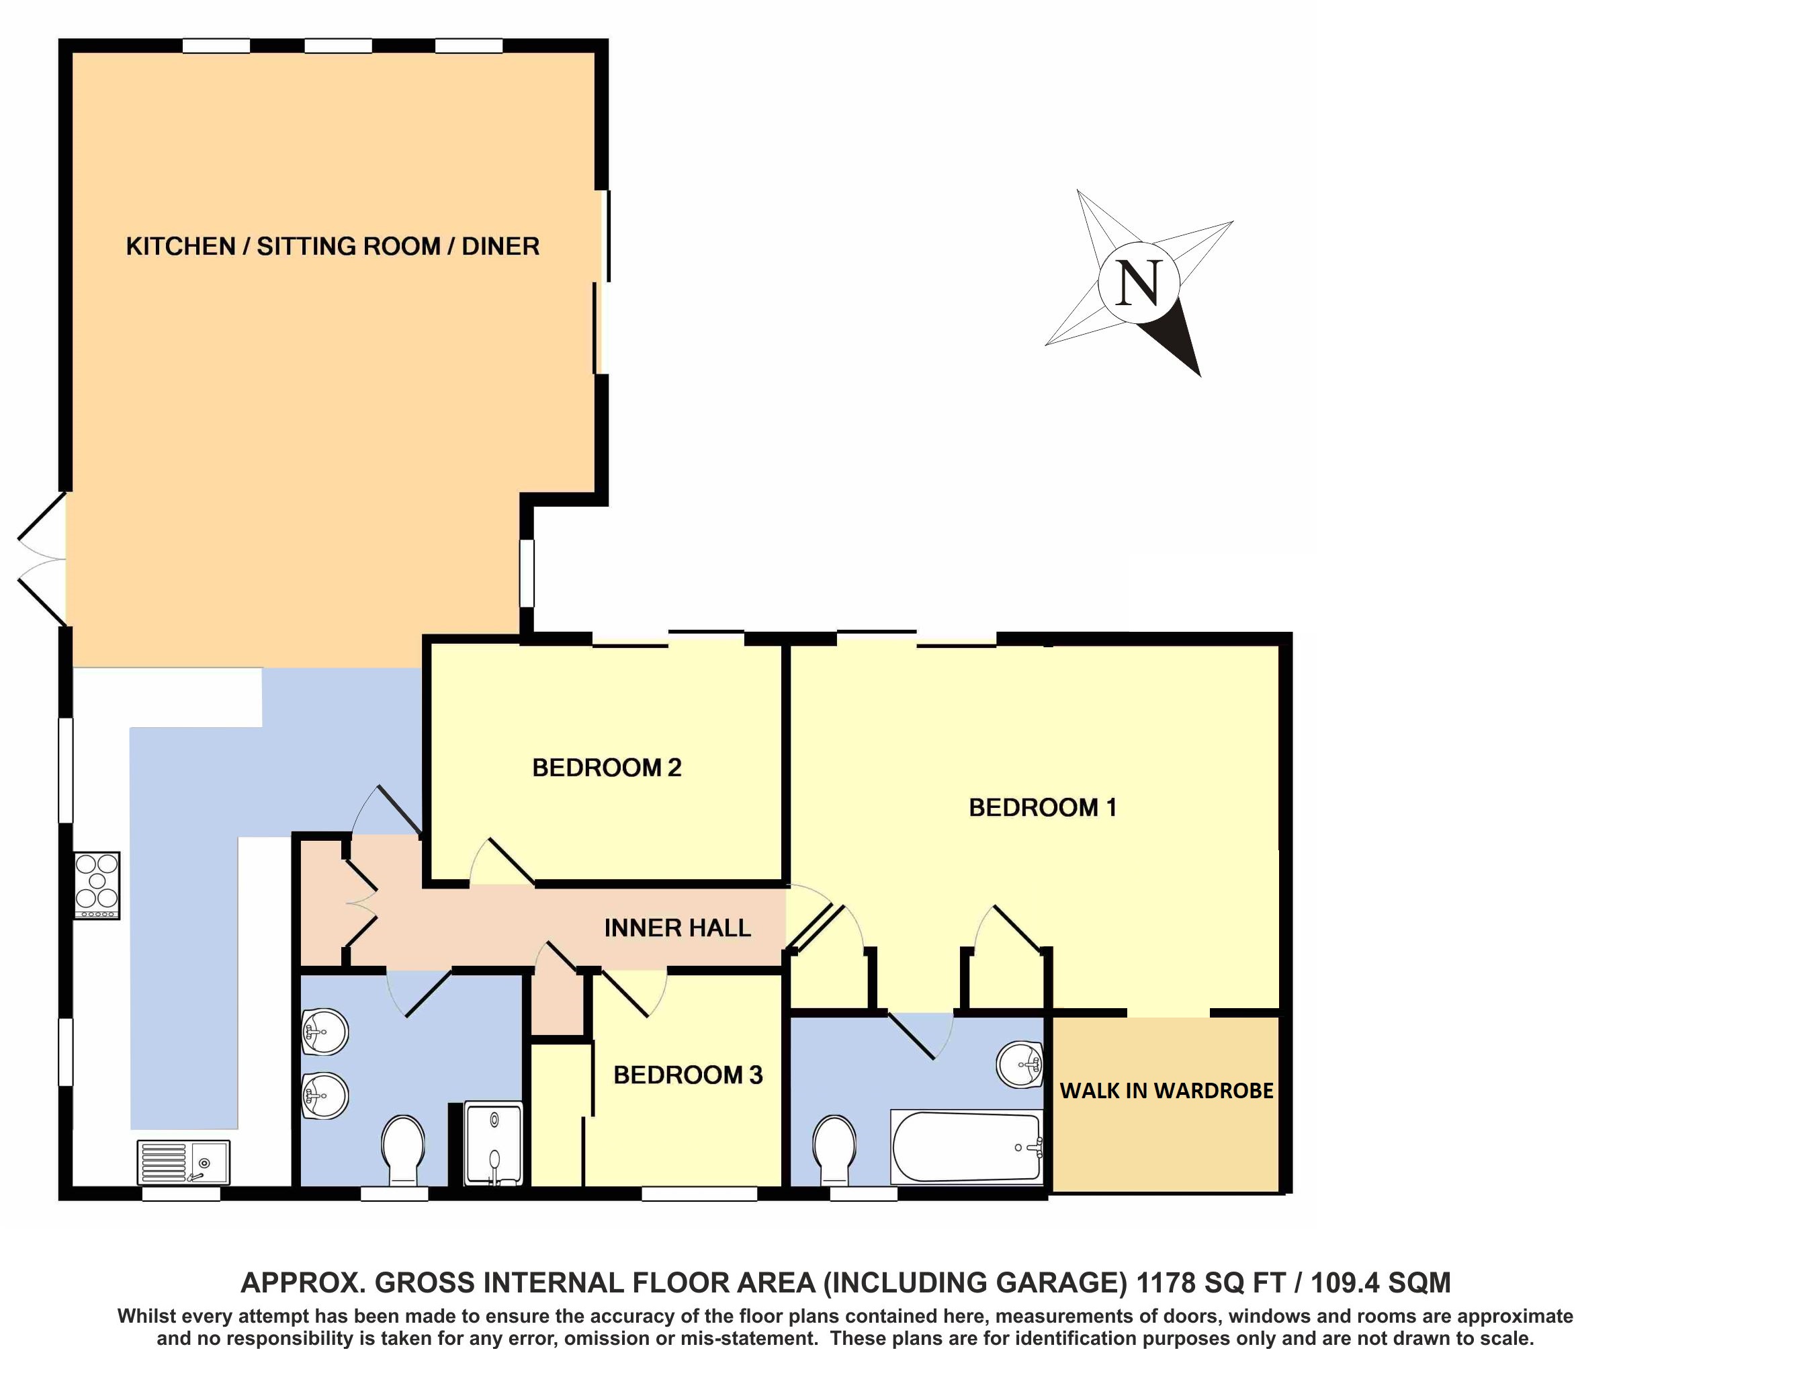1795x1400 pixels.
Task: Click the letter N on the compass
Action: [1139, 284]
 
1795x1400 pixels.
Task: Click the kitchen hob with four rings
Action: [97, 885]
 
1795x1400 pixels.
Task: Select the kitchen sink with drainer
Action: [183, 1161]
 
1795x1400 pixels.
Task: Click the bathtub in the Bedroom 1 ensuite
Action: [967, 1147]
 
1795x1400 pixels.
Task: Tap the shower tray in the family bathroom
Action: [493, 1143]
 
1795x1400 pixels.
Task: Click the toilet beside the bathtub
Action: [834, 1149]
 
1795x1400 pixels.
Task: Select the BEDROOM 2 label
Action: [607, 768]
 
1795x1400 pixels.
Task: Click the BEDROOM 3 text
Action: [688, 1075]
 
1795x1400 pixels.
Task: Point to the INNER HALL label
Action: [677, 929]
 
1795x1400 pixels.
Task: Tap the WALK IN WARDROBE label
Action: [1166, 1091]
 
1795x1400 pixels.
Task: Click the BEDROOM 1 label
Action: [1042, 808]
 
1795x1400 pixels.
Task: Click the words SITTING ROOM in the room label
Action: [349, 247]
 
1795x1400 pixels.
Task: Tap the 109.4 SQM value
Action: [1381, 1282]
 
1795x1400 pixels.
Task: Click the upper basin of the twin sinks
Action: [325, 1031]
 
